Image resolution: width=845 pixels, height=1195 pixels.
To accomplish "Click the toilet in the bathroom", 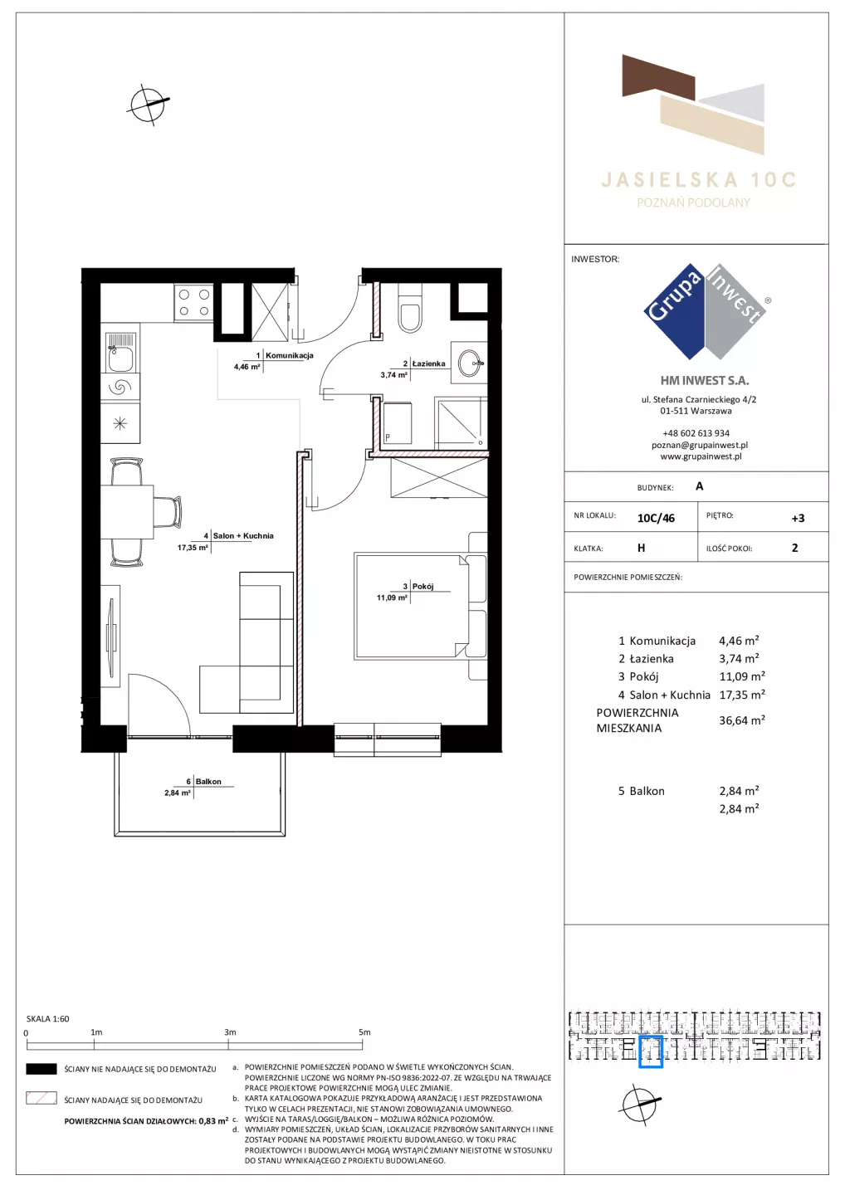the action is click(411, 309).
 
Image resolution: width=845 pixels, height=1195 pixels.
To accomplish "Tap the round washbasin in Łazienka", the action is click(470, 363).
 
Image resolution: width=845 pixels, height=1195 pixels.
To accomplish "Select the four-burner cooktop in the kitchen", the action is click(193, 302).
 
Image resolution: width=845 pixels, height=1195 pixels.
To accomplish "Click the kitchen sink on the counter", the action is click(120, 352).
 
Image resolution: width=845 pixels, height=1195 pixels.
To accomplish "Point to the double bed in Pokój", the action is click(420, 606).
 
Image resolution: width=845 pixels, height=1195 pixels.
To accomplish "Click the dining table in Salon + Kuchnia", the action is click(127, 511).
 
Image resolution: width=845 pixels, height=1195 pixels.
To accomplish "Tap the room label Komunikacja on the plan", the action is click(289, 355).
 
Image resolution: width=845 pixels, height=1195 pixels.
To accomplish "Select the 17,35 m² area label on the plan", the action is click(193, 547).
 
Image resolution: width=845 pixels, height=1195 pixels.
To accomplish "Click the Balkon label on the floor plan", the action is click(208, 782).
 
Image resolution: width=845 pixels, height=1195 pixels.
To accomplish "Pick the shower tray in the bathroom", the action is click(461, 423).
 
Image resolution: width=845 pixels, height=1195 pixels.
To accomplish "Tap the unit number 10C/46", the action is click(656, 518).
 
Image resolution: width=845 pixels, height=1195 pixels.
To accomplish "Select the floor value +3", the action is click(798, 518).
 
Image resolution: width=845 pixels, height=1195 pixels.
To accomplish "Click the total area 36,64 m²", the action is click(741, 720).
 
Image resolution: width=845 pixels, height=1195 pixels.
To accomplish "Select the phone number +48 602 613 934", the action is click(696, 433).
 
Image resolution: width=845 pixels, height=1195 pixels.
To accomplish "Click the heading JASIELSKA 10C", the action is click(698, 180).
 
